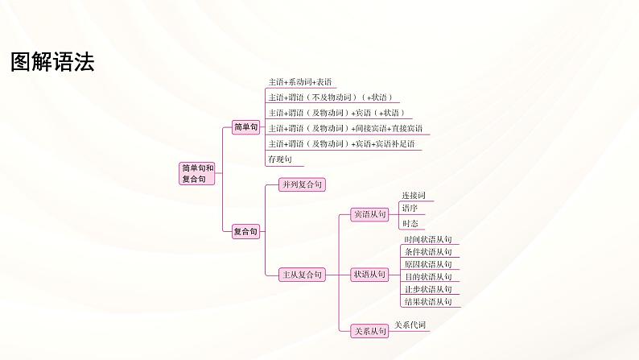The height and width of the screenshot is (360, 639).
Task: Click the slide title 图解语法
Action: (x=52, y=63)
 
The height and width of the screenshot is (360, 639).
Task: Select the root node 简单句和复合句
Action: (x=197, y=173)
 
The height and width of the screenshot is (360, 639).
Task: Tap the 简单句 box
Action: (x=245, y=127)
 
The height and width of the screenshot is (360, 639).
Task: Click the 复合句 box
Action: (x=245, y=232)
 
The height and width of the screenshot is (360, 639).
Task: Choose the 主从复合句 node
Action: (x=302, y=275)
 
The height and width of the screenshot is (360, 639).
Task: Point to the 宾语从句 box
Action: (x=370, y=214)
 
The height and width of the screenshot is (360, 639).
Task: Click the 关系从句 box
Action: (x=370, y=330)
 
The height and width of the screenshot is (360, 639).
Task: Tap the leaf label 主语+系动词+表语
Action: (x=300, y=82)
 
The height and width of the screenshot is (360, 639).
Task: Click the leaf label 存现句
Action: (x=280, y=159)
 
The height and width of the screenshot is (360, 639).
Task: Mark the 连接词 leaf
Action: (x=413, y=196)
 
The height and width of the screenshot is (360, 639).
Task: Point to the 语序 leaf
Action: (x=410, y=208)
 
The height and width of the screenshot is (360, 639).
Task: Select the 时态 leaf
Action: (x=410, y=223)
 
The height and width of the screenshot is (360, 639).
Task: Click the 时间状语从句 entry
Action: (x=427, y=240)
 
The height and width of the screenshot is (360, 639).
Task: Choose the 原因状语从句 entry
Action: (x=427, y=264)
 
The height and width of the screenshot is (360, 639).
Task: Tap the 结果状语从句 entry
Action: (x=427, y=302)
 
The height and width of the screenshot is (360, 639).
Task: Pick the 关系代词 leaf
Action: (x=410, y=325)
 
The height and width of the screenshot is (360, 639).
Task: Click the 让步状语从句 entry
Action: (x=427, y=289)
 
